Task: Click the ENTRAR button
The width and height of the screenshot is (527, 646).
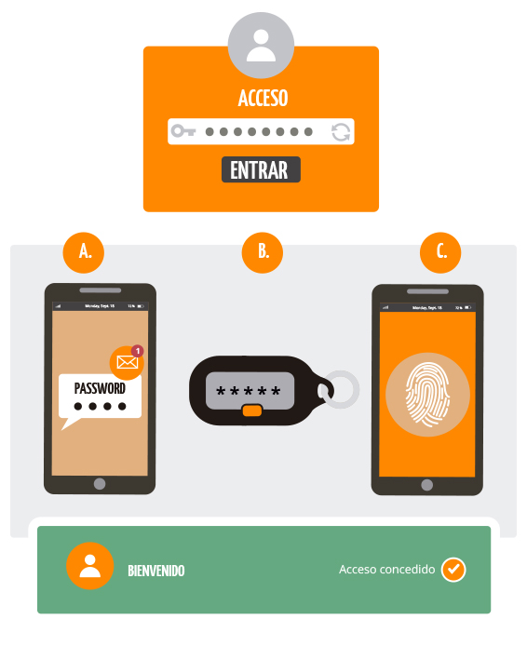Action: point(261,170)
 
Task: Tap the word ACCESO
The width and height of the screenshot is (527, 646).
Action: point(263,99)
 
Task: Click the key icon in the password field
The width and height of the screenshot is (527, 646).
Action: point(183,131)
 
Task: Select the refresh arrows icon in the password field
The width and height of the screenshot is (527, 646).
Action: point(341,131)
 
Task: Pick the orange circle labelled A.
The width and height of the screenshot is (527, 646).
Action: point(85,250)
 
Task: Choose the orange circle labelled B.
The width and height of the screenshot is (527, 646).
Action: point(263,250)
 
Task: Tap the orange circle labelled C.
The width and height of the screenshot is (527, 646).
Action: point(441,250)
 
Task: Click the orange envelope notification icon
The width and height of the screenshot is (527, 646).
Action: point(127,362)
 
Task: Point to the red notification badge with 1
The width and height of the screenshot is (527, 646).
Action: point(138,351)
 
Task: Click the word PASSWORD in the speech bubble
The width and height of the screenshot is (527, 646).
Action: point(100,388)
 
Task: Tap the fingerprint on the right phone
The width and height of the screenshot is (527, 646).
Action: point(427,394)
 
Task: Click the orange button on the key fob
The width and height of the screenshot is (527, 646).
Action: point(250,411)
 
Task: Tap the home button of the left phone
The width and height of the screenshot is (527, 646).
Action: point(100,484)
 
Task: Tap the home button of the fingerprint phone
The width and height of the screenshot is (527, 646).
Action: point(427,485)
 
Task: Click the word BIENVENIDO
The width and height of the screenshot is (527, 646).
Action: point(155,571)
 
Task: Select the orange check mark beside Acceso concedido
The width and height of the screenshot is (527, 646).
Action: point(453,569)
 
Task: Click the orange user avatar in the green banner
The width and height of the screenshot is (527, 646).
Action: point(90,567)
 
